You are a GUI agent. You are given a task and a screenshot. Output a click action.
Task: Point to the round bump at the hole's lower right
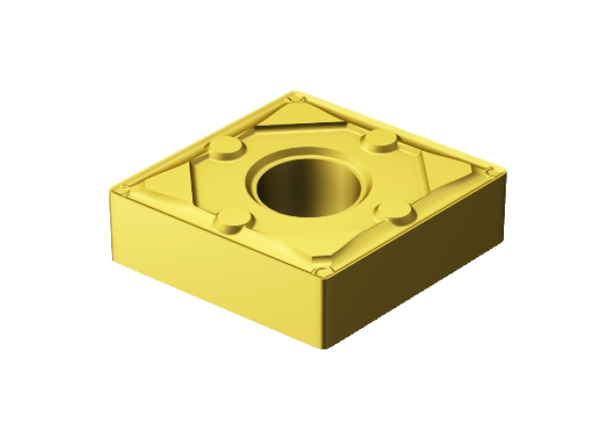coord(397,212)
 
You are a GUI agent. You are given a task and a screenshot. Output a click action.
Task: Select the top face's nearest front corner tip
coord(323,272)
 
